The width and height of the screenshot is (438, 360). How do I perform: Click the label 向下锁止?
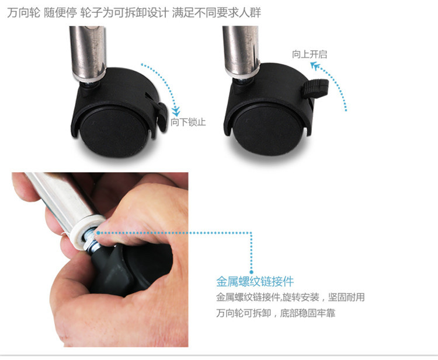coord(188,122)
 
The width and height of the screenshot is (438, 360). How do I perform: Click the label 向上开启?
coord(310,54)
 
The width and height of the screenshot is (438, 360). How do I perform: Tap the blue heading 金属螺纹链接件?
coord(255,281)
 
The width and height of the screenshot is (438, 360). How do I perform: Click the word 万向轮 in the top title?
coord(24,13)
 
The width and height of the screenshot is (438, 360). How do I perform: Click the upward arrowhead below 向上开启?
coord(315,66)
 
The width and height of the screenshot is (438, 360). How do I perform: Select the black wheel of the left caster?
coord(113,131)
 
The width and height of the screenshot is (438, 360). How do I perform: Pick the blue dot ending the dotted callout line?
coord(251,272)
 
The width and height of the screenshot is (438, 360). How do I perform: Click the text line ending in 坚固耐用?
coord(290,297)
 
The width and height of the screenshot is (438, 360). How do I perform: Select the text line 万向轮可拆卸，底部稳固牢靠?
coord(276,313)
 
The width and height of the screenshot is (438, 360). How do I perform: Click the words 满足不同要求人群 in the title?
coord(217,13)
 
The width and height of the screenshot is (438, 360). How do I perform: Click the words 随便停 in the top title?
coord(60,13)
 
